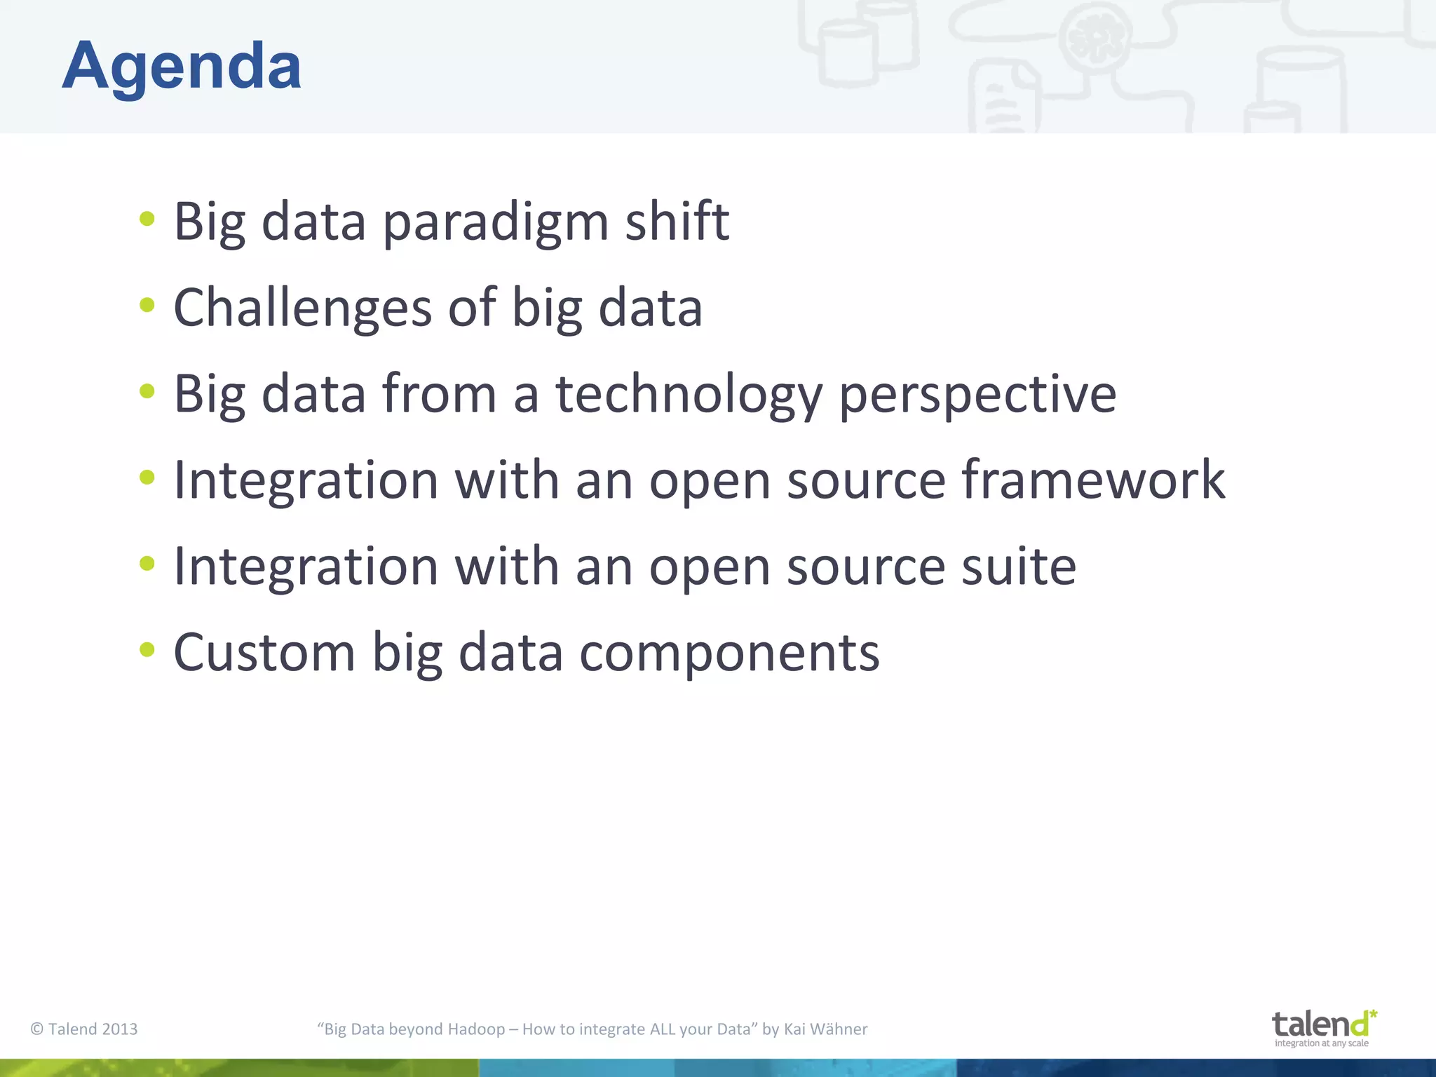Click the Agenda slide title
pos(182,67)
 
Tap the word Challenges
pos(302,309)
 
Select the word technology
pos(689,395)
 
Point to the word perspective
pos(977,395)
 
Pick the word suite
pos(1018,567)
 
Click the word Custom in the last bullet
pos(264,653)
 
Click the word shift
pos(677,222)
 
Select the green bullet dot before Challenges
pos(147,305)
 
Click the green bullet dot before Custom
pos(147,649)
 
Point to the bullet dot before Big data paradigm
pos(147,219)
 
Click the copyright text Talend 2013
pos(84,1029)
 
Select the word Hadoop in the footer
pos(476,1029)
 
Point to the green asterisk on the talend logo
pos(1373,1014)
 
